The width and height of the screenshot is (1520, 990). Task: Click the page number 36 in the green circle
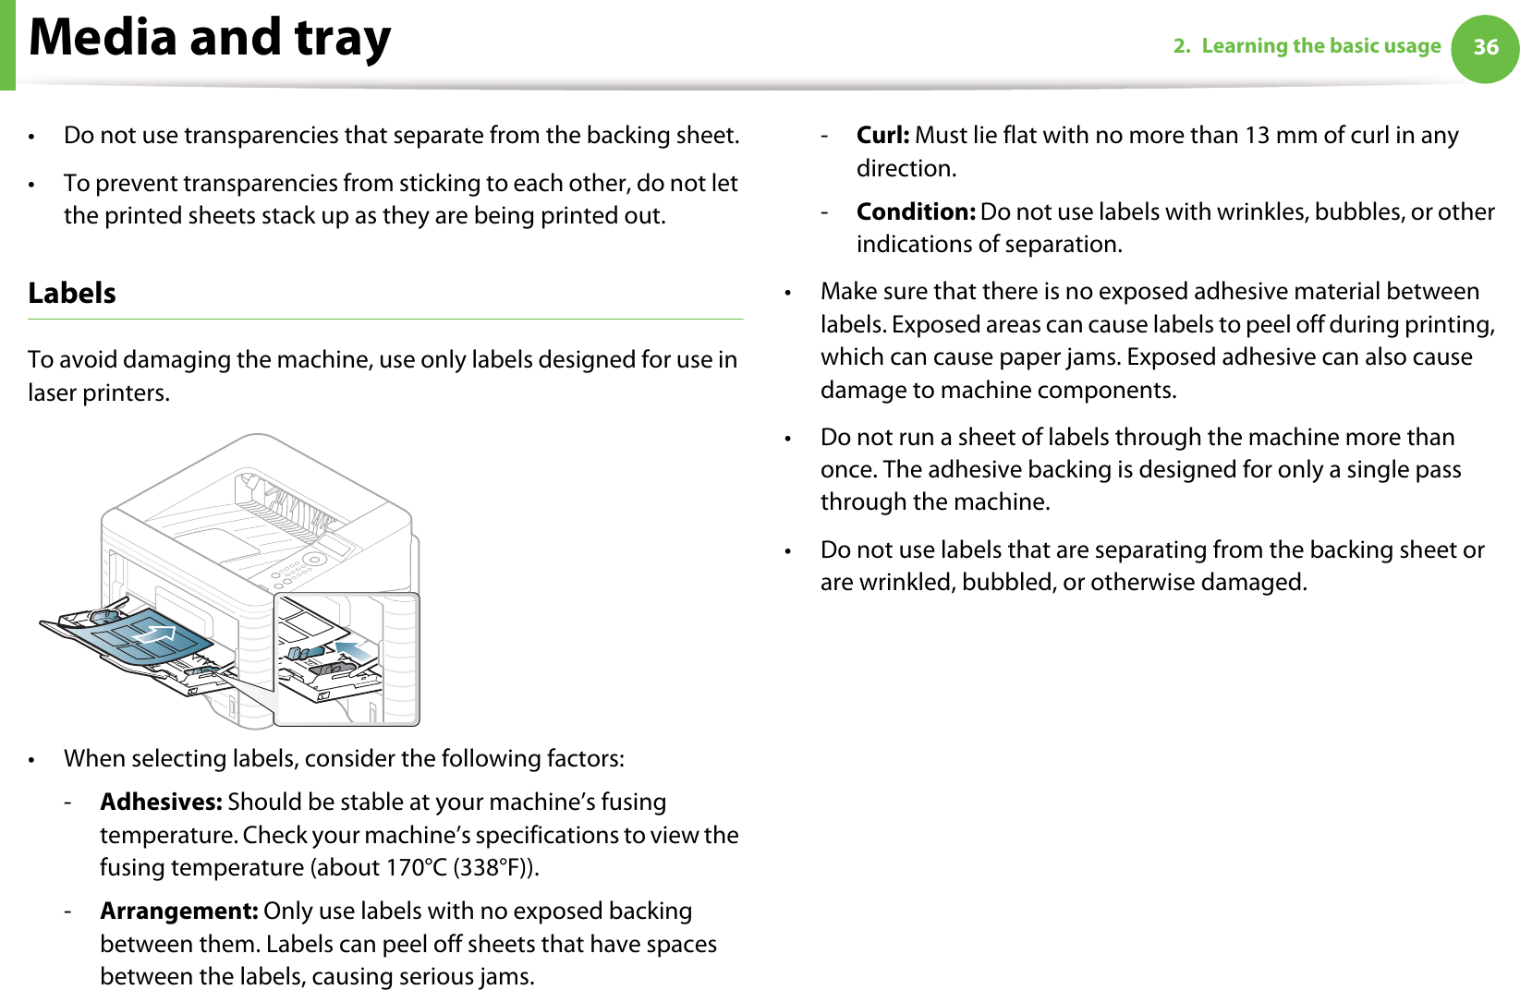tap(1485, 47)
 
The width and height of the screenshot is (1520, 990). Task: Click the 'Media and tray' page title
tap(211, 39)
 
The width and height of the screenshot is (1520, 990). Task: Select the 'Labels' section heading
tap(72, 294)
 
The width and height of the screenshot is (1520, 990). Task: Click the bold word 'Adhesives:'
tap(161, 802)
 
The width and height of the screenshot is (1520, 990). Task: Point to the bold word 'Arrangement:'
tap(178, 911)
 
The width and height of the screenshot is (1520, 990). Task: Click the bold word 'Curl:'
tap(882, 136)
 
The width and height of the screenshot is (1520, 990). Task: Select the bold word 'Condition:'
tap(915, 211)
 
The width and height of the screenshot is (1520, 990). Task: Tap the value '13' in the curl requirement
tap(1257, 136)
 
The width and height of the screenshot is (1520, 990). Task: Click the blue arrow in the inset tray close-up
tap(356, 647)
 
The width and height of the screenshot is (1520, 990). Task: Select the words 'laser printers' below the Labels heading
tap(98, 393)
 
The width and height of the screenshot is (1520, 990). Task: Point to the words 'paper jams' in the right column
tap(1071, 357)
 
